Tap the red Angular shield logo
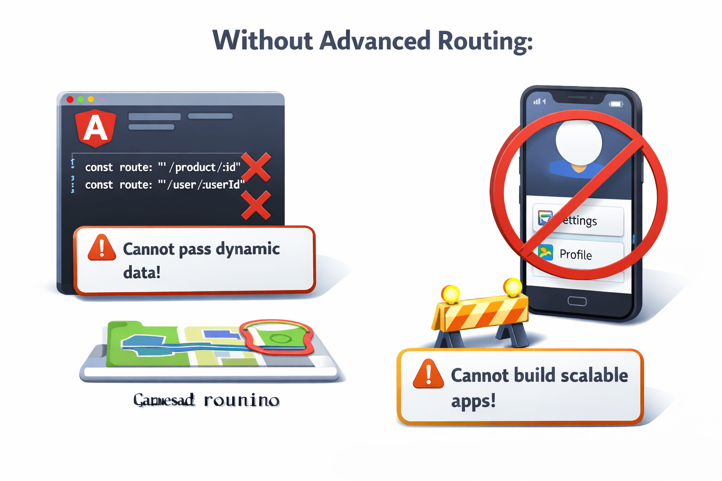tap(95, 128)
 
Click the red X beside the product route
tap(256, 167)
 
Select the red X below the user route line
tap(256, 205)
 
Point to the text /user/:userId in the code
tap(206, 185)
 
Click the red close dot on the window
tap(70, 99)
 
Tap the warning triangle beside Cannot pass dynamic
tap(102, 248)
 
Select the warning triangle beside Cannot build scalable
tap(428, 374)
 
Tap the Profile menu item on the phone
tap(578, 254)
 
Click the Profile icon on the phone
tap(545, 253)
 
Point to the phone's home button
tap(577, 301)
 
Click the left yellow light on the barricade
tap(451, 295)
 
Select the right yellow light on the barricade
tap(512, 287)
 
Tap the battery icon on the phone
tap(616, 104)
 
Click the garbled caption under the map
tap(206, 400)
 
